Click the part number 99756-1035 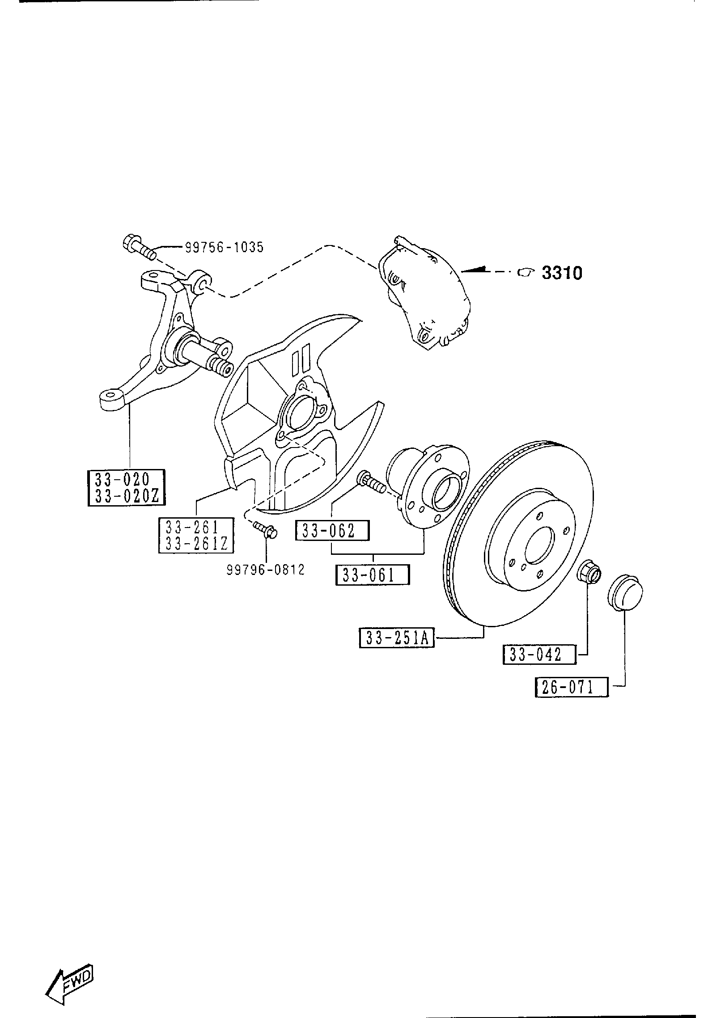[x=224, y=247]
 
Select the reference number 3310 [x=562, y=273]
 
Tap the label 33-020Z [x=127, y=497]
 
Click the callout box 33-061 [x=373, y=575]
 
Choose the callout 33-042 [x=539, y=655]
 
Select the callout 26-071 [x=572, y=700]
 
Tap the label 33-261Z [x=196, y=543]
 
